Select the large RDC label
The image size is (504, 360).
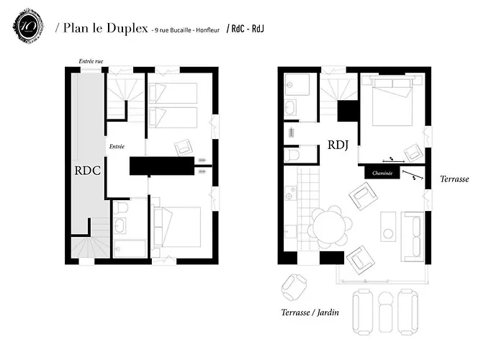86,171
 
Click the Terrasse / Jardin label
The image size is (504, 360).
310,312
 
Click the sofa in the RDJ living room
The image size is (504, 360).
413,236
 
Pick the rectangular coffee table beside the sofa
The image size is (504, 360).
389,225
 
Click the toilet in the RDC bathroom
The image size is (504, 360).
122,210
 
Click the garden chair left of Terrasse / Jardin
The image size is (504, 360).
293,288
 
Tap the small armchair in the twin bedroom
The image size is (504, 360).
183,148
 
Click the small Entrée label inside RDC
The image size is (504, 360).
117,147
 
